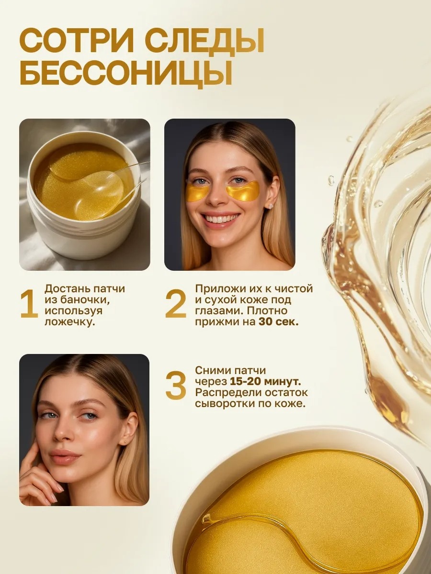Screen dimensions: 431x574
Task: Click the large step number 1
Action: tap(29, 304)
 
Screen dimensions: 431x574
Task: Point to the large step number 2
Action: tap(176, 304)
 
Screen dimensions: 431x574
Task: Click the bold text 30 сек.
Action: tap(278, 322)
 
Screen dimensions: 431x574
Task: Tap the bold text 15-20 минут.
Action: tap(265, 381)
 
